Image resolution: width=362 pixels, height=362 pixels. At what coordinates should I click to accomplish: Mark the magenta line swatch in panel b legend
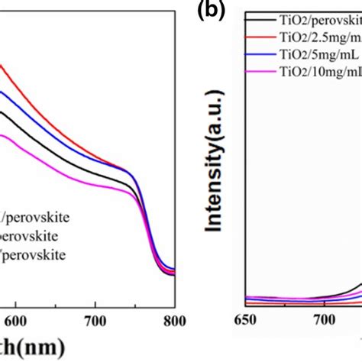tap(259, 71)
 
